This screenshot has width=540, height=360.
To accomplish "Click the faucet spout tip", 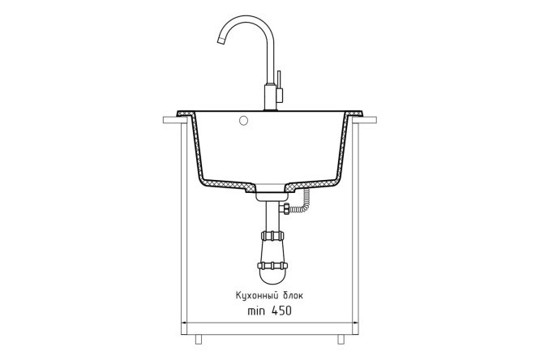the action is pos(221,41).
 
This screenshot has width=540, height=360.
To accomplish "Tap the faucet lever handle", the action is pos(279,86).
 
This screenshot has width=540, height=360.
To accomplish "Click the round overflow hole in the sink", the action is pos(243,120).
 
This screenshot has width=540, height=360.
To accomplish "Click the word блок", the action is pos(294,295).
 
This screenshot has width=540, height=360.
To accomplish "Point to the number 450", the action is pos(281,311).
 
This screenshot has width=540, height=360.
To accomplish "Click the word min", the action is pos(256,311).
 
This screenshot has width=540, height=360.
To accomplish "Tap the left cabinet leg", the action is pos(198,339).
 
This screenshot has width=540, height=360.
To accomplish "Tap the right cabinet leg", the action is pos(341,339).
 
